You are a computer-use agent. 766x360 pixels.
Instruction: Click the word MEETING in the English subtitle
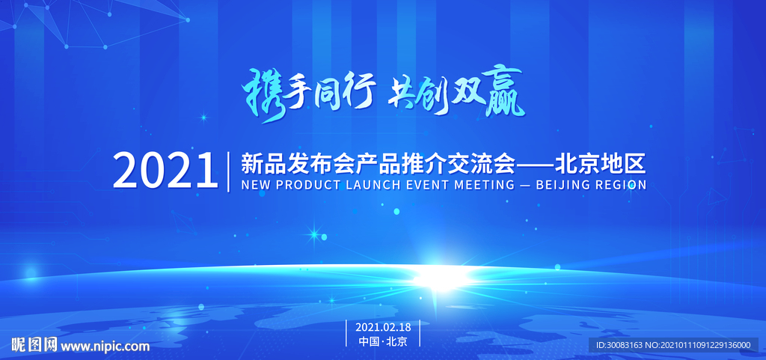(482, 184)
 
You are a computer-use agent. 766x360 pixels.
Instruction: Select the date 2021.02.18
(383, 327)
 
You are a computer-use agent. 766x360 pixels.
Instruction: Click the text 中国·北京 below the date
(383, 341)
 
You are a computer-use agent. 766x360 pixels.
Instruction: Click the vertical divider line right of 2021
(229, 171)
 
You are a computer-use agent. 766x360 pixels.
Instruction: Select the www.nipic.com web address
(105, 346)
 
